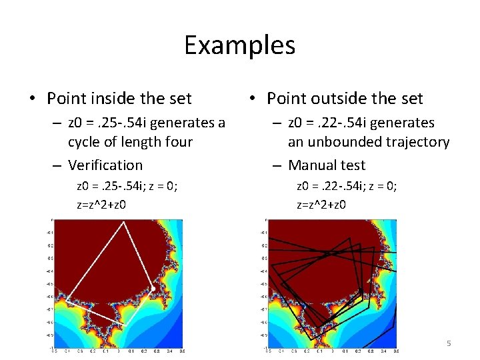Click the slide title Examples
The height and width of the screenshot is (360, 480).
pyautogui.click(x=239, y=45)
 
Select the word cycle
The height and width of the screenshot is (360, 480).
pyautogui.click(x=86, y=142)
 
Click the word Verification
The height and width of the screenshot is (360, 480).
pyautogui.click(x=105, y=165)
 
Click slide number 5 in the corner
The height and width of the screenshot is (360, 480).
pyautogui.click(x=449, y=343)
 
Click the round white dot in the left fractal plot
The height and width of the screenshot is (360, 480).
pyautogui.click(x=153, y=289)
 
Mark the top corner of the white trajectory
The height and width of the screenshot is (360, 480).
pyautogui.click(x=123, y=223)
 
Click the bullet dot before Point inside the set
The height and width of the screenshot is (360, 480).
pyautogui.click(x=31, y=99)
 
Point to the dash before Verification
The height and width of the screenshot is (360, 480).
pyautogui.click(x=59, y=165)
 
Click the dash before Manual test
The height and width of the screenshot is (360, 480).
pyautogui.click(x=279, y=165)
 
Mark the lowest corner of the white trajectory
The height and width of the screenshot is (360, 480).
pyautogui.click(x=122, y=324)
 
